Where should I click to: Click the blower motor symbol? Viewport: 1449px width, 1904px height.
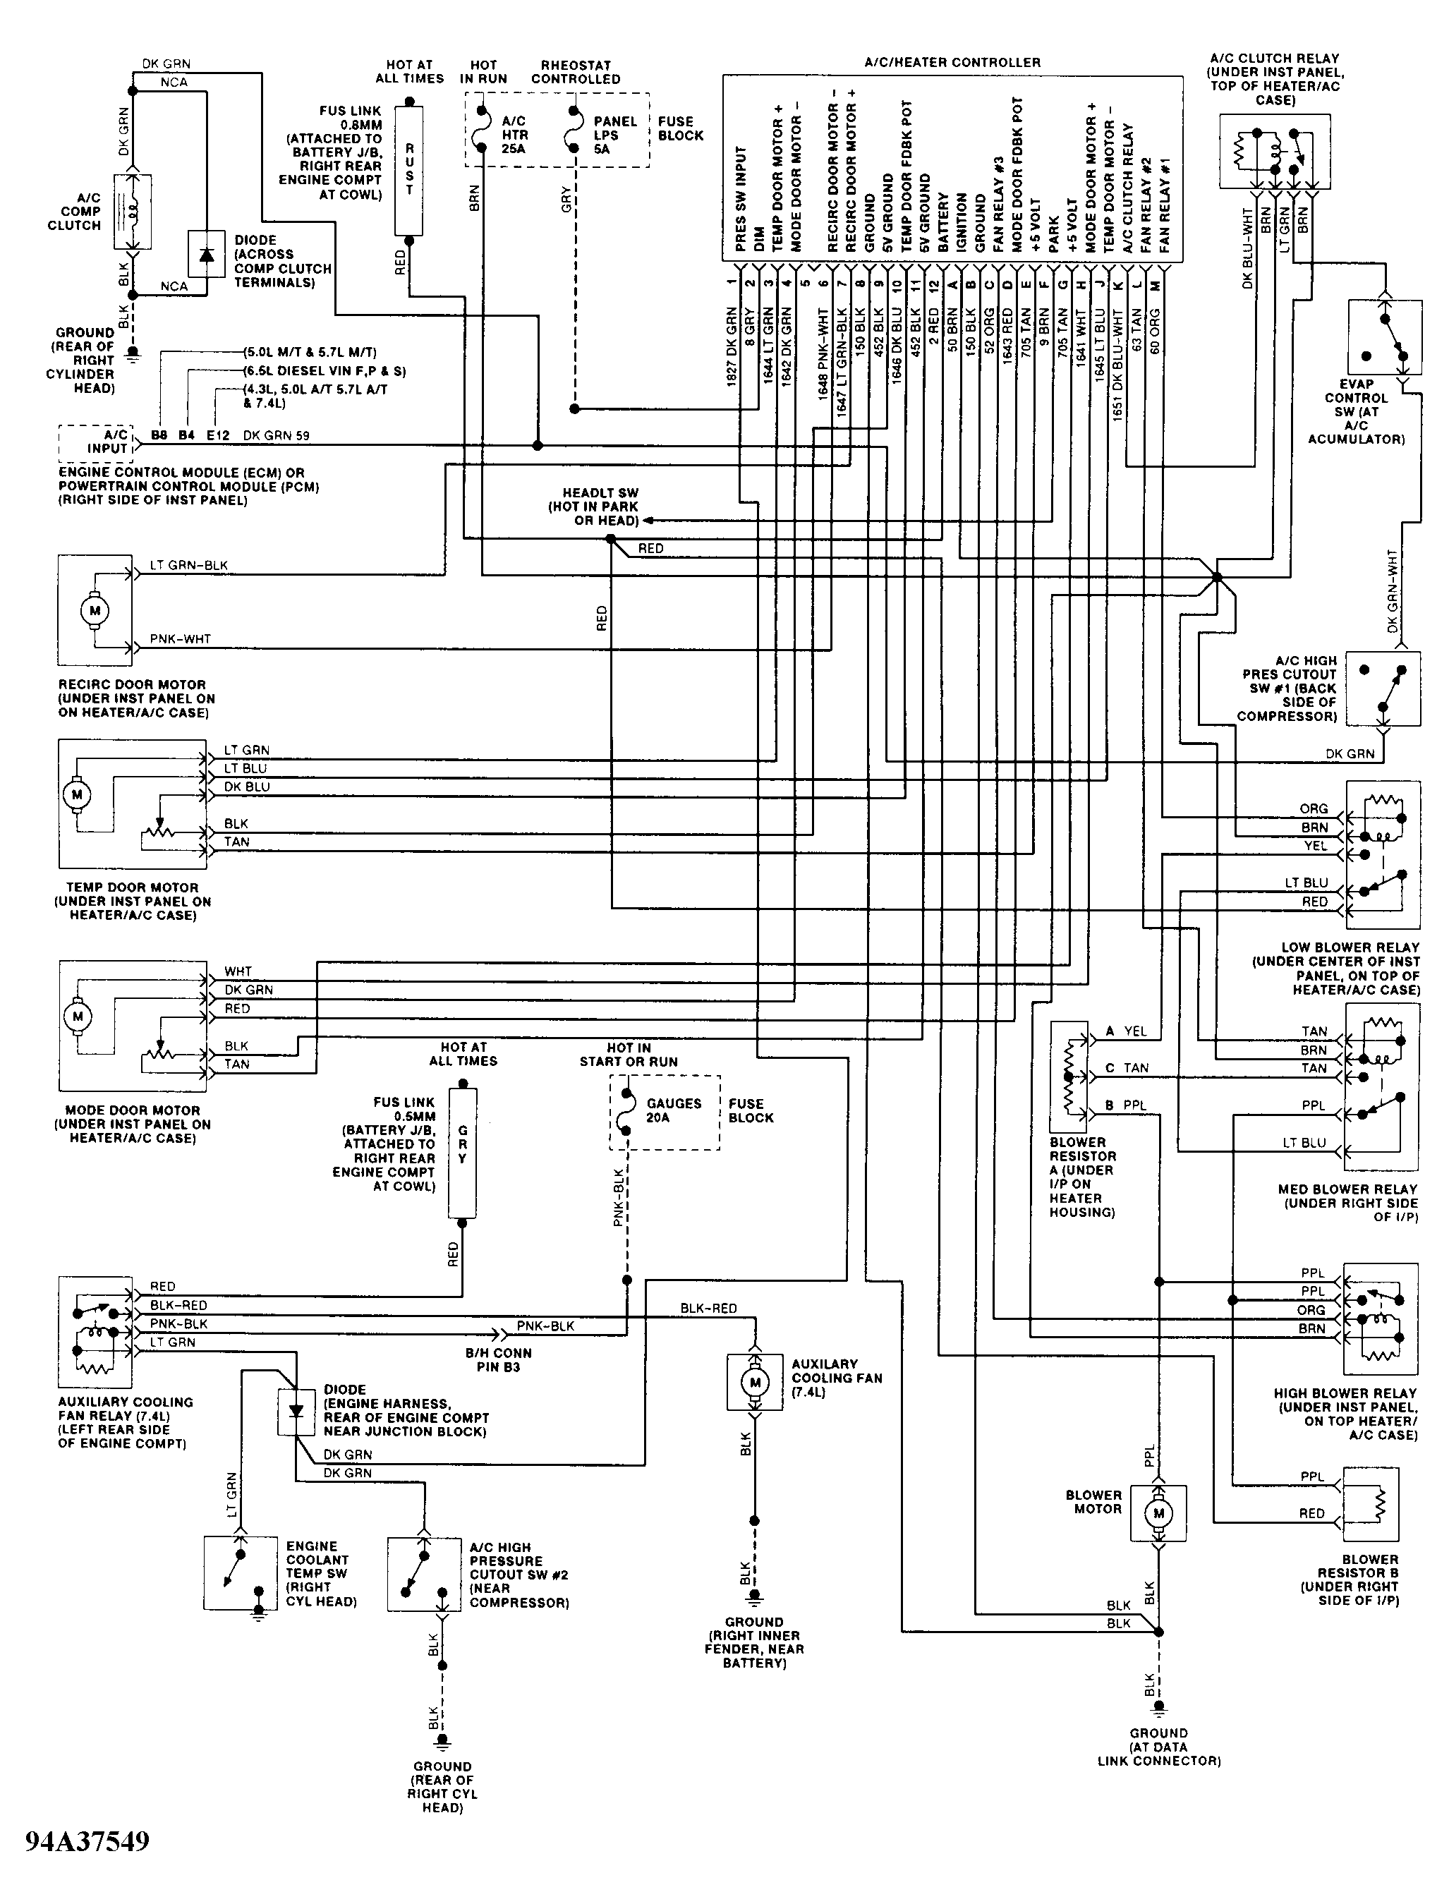[x=1158, y=1513]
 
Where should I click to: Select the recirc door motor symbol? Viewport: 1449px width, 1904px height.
[x=95, y=610]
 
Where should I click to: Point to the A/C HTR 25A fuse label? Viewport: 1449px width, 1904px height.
[x=515, y=135]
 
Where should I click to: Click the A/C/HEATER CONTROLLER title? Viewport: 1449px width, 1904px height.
[x=952, y=62]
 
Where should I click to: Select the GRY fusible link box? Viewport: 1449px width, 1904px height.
[x=462, y=1153]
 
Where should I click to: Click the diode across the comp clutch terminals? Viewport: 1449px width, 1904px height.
[x=206, y=255]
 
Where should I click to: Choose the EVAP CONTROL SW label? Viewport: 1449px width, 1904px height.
[x=1356, y=411]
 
